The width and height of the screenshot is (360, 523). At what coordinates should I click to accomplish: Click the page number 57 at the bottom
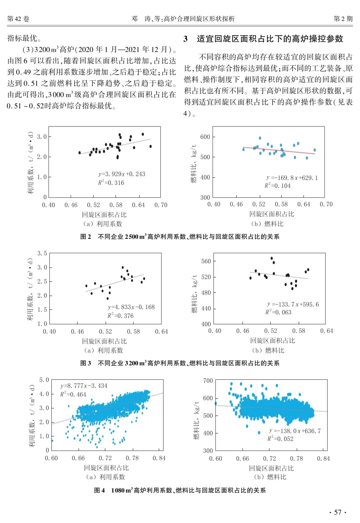(x=338, y=512)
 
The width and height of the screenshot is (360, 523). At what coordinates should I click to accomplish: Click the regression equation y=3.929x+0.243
(x=122, y=174)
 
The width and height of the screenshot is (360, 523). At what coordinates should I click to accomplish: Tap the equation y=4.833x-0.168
(x=131, y=307)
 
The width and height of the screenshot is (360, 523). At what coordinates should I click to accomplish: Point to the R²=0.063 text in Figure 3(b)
(x=278, y=312)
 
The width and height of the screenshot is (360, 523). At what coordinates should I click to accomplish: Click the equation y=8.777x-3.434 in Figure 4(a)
(x=84, y=386)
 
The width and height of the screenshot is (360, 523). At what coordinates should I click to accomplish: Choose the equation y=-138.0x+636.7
(x=295, y=431)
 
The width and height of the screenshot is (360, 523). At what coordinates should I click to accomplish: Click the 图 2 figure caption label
(x=85, y=237)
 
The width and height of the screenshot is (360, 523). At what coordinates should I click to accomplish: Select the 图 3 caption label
(x=85, y=363)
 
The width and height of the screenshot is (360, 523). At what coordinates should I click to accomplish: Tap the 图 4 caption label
(x=99, y=490)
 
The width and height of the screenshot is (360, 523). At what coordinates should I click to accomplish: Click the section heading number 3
(x=185, y=39)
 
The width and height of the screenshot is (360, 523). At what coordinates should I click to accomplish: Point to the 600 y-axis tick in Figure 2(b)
(x=205, y=137)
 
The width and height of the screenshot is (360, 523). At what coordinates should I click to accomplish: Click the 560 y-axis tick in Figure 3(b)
(x=206, y=261)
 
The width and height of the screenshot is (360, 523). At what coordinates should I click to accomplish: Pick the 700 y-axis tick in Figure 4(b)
(x=208, y=380)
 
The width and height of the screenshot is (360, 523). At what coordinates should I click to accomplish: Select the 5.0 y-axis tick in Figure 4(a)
(x=44, y=380)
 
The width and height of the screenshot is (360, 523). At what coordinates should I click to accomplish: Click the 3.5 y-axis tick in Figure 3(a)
(x=42, y=253)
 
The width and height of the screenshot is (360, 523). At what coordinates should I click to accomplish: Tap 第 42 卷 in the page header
(x=18, y=19)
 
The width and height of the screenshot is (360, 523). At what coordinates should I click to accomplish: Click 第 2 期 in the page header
(x=343, y=19)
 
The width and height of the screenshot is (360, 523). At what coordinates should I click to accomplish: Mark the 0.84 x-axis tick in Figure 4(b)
(x=323, y=458)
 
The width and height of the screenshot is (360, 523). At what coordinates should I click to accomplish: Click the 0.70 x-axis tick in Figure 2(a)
(x=161, y=205)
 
